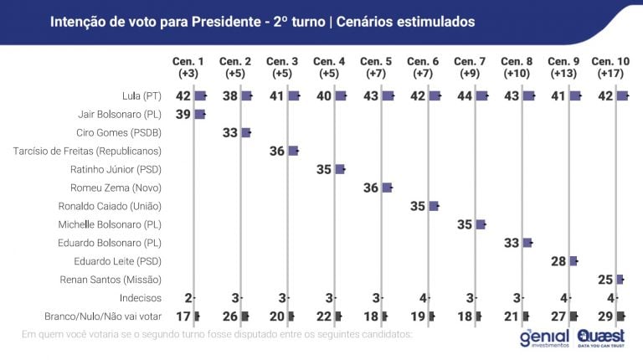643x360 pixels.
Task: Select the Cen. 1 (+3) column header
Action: click(188, 68)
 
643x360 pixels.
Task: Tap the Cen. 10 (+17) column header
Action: click(610, 68)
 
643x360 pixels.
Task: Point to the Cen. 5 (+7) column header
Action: click(375, 68)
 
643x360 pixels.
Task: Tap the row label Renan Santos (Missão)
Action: click(116, 279)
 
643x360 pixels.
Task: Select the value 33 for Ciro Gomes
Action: click(230, 132)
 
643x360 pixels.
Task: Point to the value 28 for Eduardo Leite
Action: click(558, 261)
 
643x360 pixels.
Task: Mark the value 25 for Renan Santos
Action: click(605, 279)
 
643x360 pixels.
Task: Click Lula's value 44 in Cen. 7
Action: click(465, 96)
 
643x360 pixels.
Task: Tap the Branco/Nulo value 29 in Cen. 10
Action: click(605, 316)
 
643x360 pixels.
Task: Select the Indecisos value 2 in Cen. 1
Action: click(188, 298)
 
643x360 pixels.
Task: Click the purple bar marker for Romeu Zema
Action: click(388, 188)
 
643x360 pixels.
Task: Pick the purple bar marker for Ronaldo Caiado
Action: click(434, 206)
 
